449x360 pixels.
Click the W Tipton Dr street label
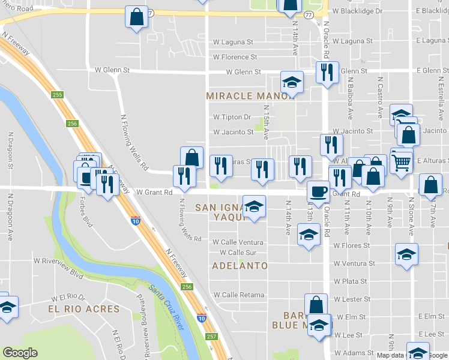(232, 117)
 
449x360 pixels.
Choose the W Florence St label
(235, 57)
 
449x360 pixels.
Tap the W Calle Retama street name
(239, 295)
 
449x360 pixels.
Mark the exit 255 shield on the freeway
(57, 95)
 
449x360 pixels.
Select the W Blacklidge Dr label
(357, 11)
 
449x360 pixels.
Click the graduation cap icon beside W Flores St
(309, 235)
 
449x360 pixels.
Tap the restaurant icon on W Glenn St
(327, 73)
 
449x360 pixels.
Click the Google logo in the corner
(20, 352)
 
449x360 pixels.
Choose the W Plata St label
(351, 281)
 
